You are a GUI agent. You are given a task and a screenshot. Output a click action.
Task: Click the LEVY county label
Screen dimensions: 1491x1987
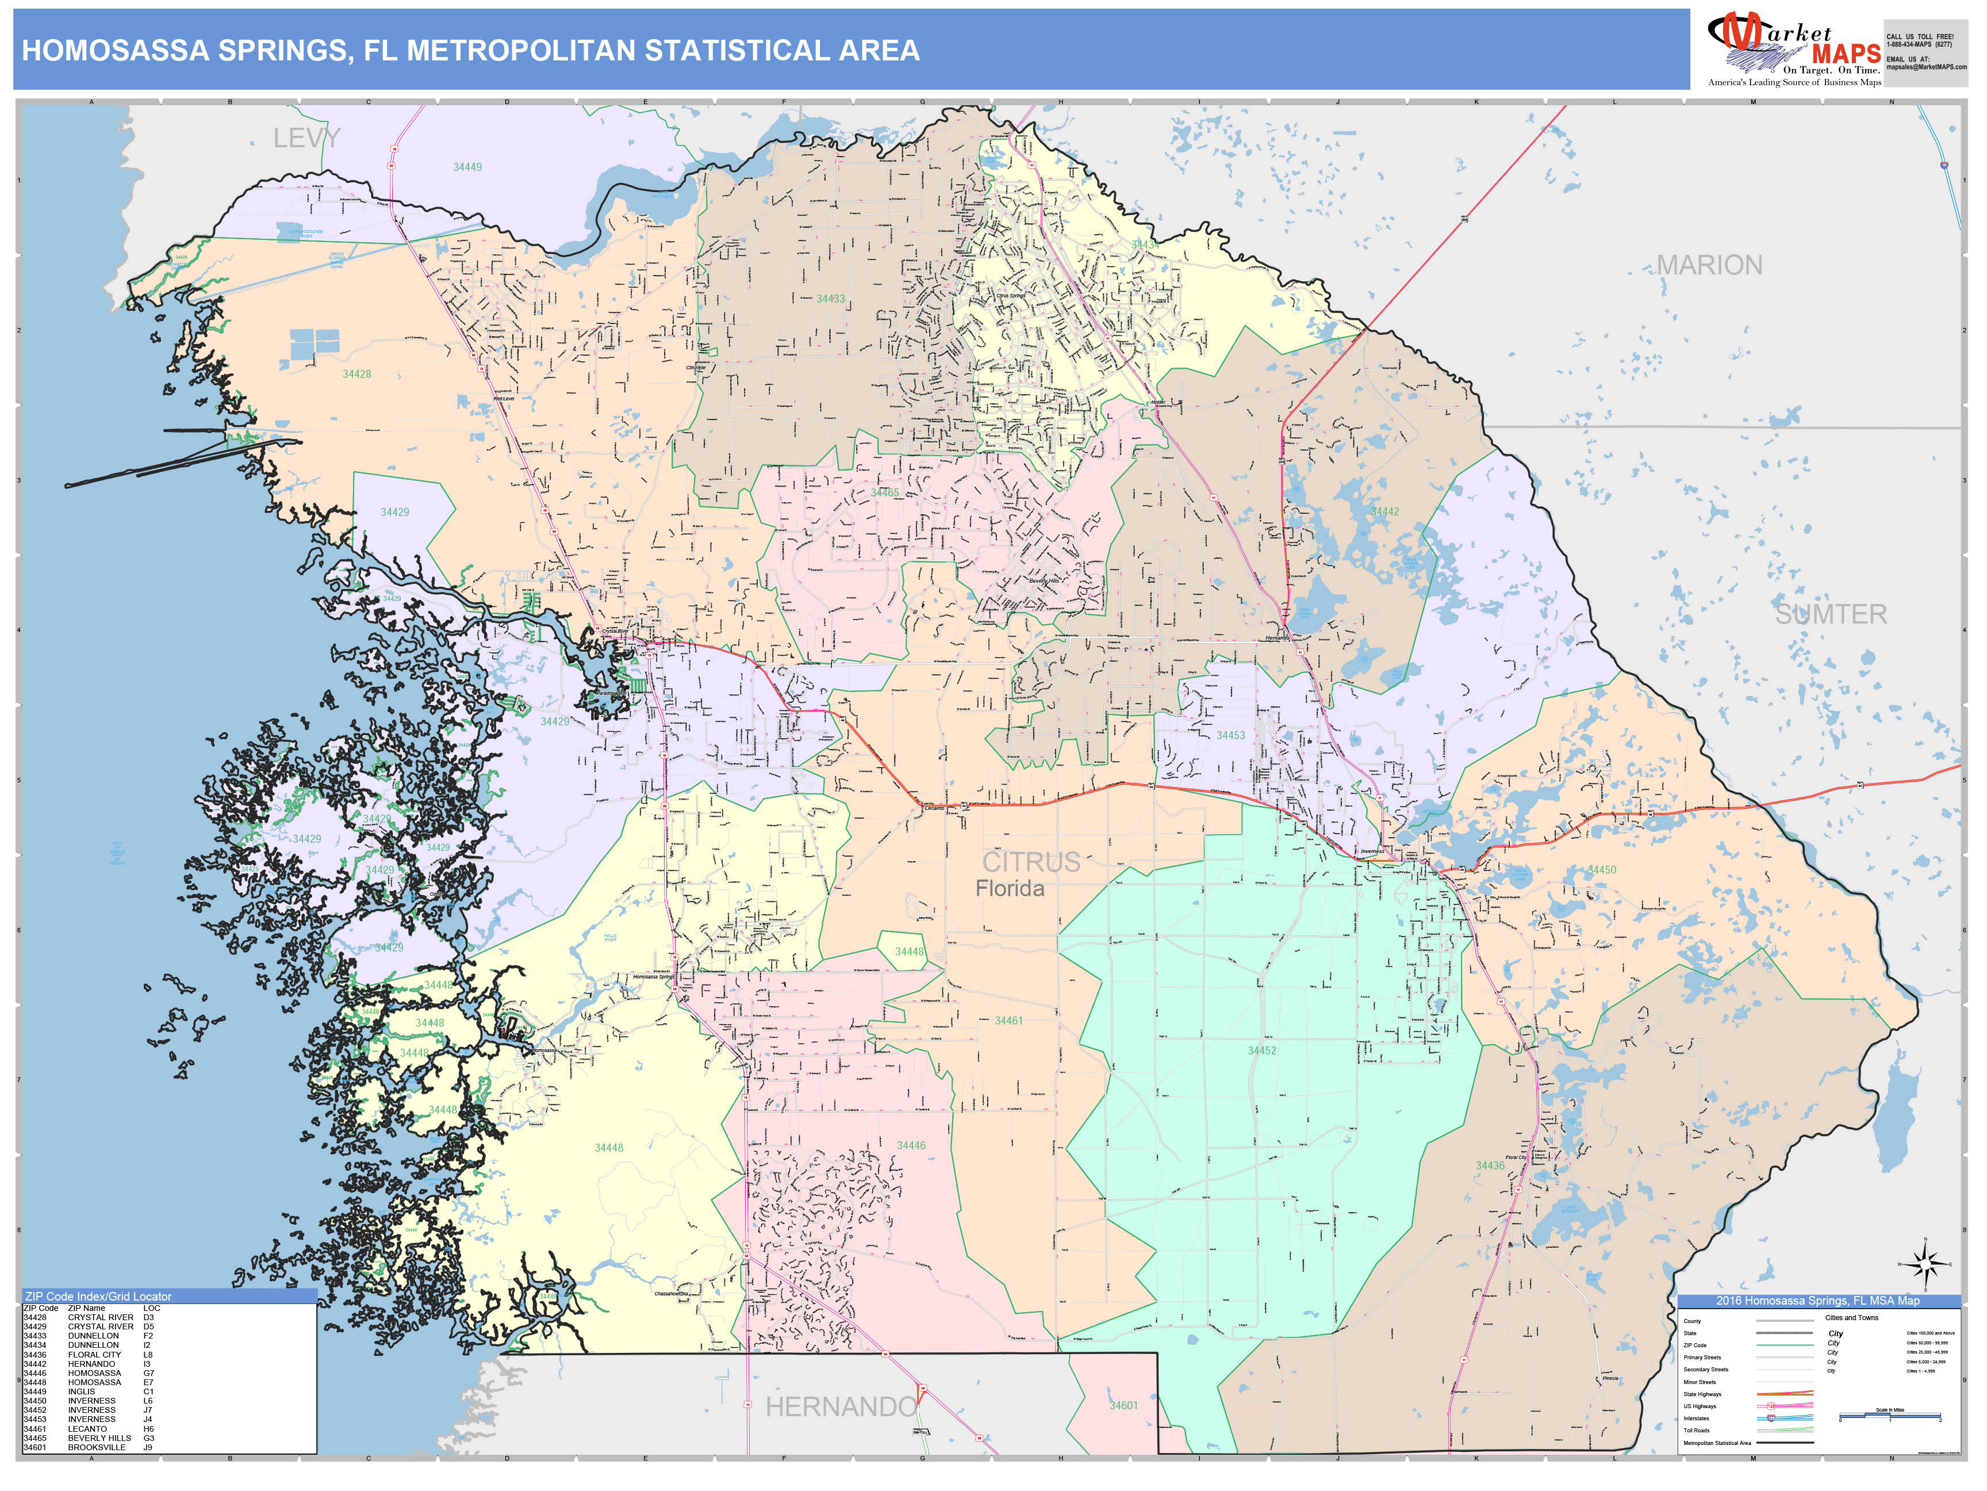coord(306,139)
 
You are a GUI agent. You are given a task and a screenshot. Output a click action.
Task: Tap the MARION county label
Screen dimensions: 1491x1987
coord(1709,265)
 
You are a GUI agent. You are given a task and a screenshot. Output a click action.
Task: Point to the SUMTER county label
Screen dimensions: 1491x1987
coord(1830,615)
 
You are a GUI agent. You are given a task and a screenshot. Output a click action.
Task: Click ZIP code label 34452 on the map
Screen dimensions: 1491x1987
coord(1261,1050)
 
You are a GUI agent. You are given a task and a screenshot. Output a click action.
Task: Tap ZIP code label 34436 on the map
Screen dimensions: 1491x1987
coord(1489,1165)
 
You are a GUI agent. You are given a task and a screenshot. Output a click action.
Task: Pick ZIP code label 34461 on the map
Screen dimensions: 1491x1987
coord(1008,1021)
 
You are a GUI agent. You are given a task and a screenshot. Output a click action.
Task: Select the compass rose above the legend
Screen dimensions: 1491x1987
coord(1924,1266)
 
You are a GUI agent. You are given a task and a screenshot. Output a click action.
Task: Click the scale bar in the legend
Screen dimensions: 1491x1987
coord(1890,1417)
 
